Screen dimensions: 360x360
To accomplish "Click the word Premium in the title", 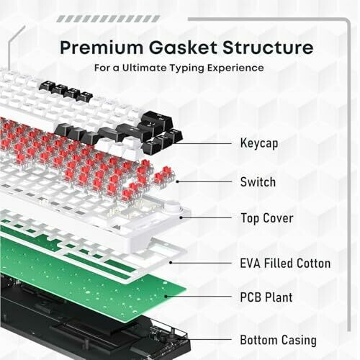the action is [x=102, y=48].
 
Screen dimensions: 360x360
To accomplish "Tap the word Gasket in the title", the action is [x=183, y=48].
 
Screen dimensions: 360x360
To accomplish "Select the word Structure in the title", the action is [x=268, y=48].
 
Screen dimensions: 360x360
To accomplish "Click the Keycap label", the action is [x=259, y=143].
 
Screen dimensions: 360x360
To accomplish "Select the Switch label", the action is [x=258, y=182].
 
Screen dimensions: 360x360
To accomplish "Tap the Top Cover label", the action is [x=267, y=218].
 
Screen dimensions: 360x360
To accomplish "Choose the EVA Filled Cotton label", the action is [x=285, y=264].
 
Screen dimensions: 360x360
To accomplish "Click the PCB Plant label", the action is [x=266, y=297].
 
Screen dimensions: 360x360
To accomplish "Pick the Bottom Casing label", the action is [x=278, y=341].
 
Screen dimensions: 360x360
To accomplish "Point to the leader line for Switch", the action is [x=204, y=181].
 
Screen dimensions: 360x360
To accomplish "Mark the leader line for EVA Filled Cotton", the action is [x=201, y=263].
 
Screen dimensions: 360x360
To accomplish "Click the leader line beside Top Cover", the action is [x=206, y=217].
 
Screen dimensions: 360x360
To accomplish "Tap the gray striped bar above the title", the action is [x=109, y=19].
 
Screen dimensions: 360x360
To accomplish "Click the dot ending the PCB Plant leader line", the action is [x=166, y=297].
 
